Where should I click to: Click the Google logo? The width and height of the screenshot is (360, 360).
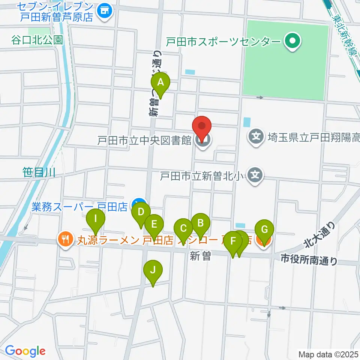25,351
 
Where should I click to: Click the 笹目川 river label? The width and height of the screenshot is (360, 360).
39,172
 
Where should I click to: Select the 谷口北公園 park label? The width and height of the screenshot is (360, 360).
37,40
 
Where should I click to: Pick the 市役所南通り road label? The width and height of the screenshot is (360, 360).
309,259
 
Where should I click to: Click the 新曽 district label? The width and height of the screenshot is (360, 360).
199,256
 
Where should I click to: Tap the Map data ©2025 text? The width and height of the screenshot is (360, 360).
327,354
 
